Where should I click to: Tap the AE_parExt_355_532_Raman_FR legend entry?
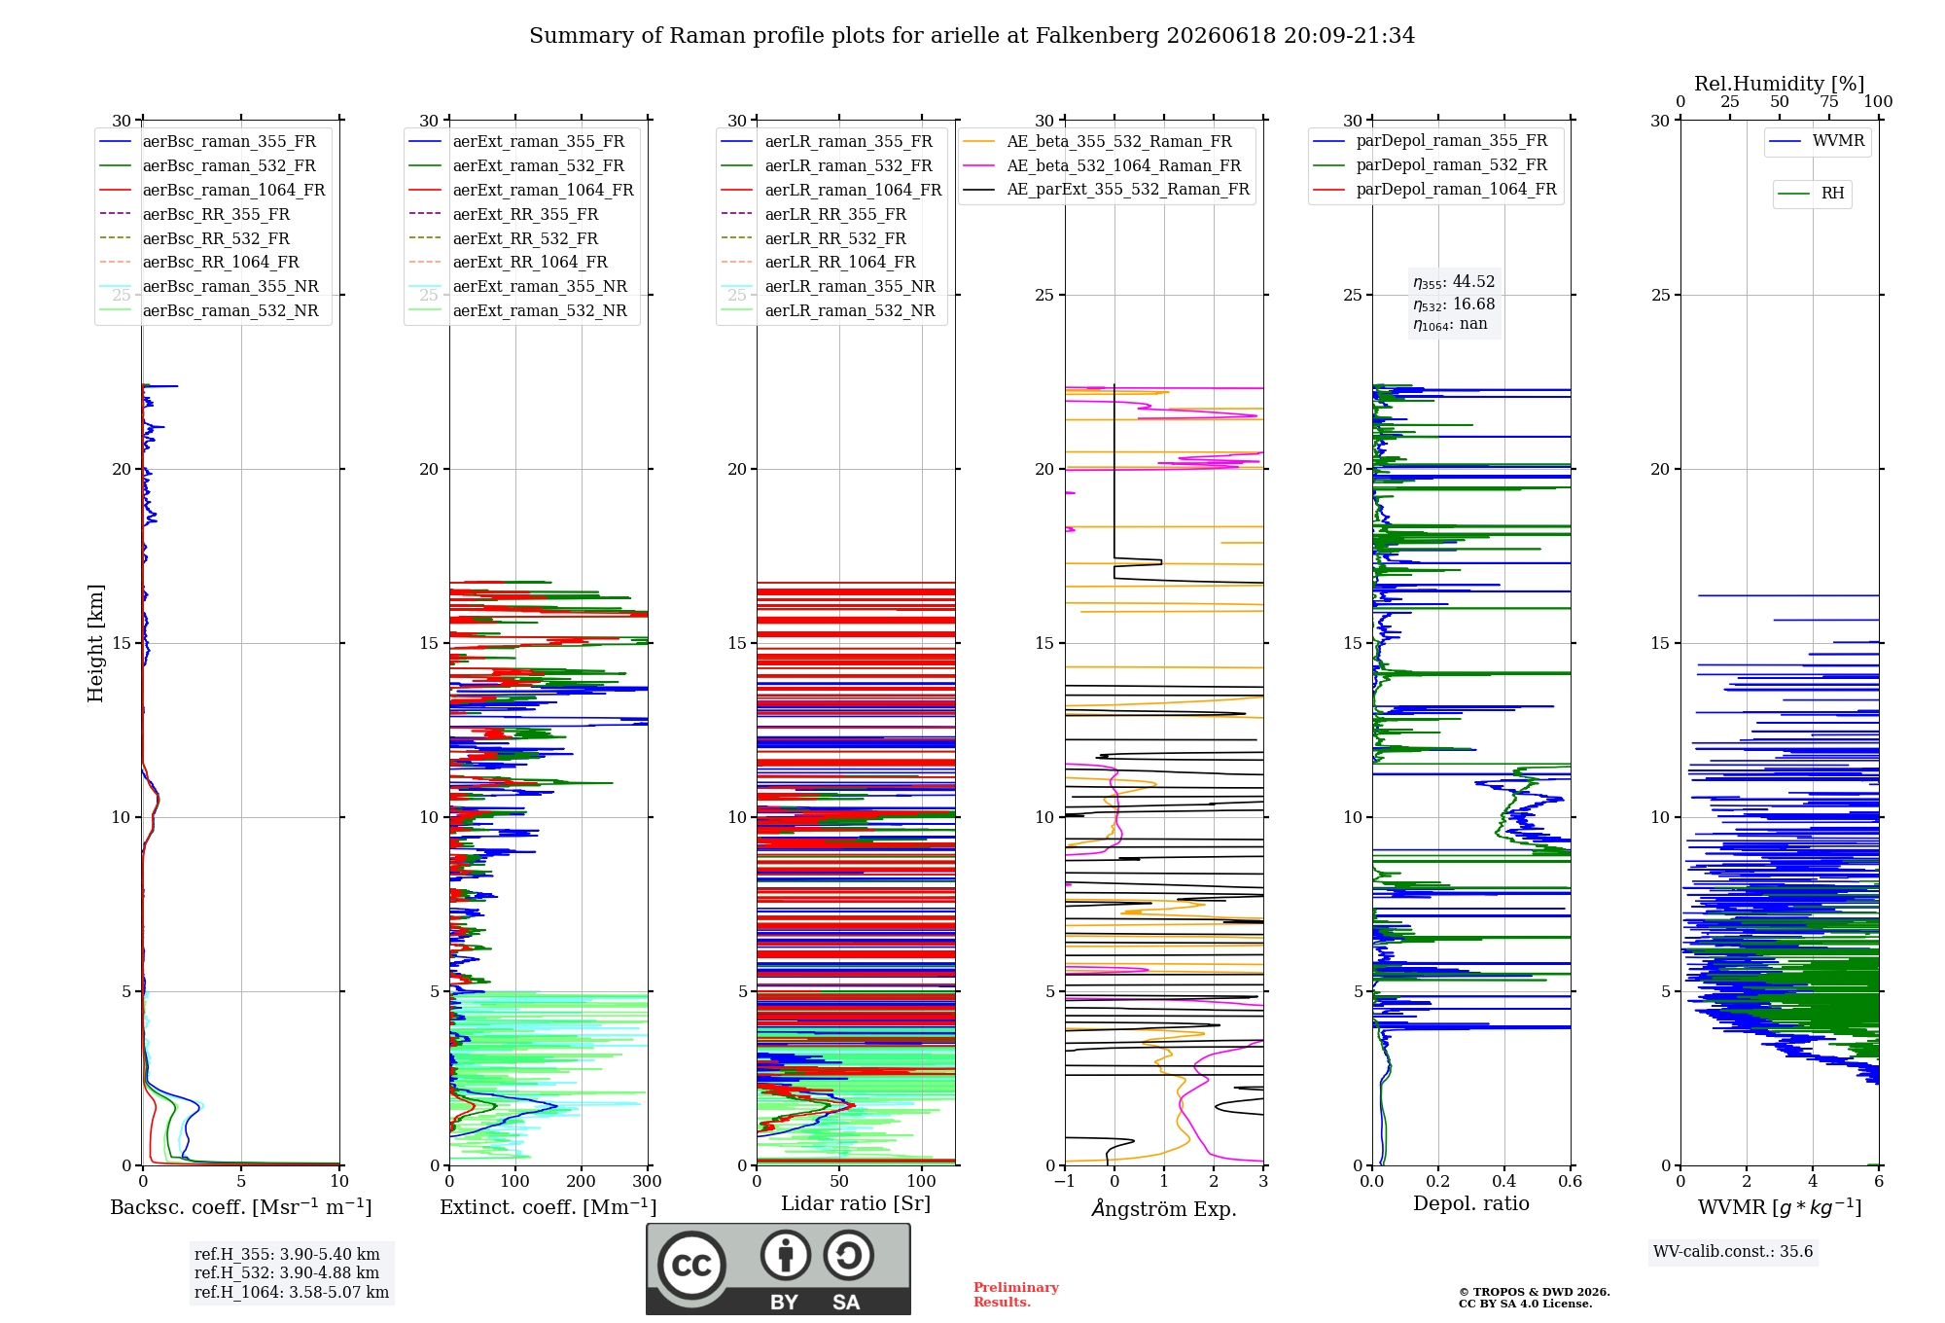[1106, 190]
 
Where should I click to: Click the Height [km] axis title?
[95, 643]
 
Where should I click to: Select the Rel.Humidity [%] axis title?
[1780, 84]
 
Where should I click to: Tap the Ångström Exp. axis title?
[1164, 1208]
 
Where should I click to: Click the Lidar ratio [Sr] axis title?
[856, 1204]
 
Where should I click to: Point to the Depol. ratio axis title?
[1471, 1204]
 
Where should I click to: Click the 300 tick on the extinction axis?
[648, 1182]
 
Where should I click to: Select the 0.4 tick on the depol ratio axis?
[1504, 1182]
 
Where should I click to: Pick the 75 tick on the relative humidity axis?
[1829, 102]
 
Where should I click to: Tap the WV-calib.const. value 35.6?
[1797, 1252]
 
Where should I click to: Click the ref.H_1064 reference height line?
[292, 1293]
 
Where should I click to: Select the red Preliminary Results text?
[1016, 1295]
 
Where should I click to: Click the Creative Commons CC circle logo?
[691, 1266]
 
